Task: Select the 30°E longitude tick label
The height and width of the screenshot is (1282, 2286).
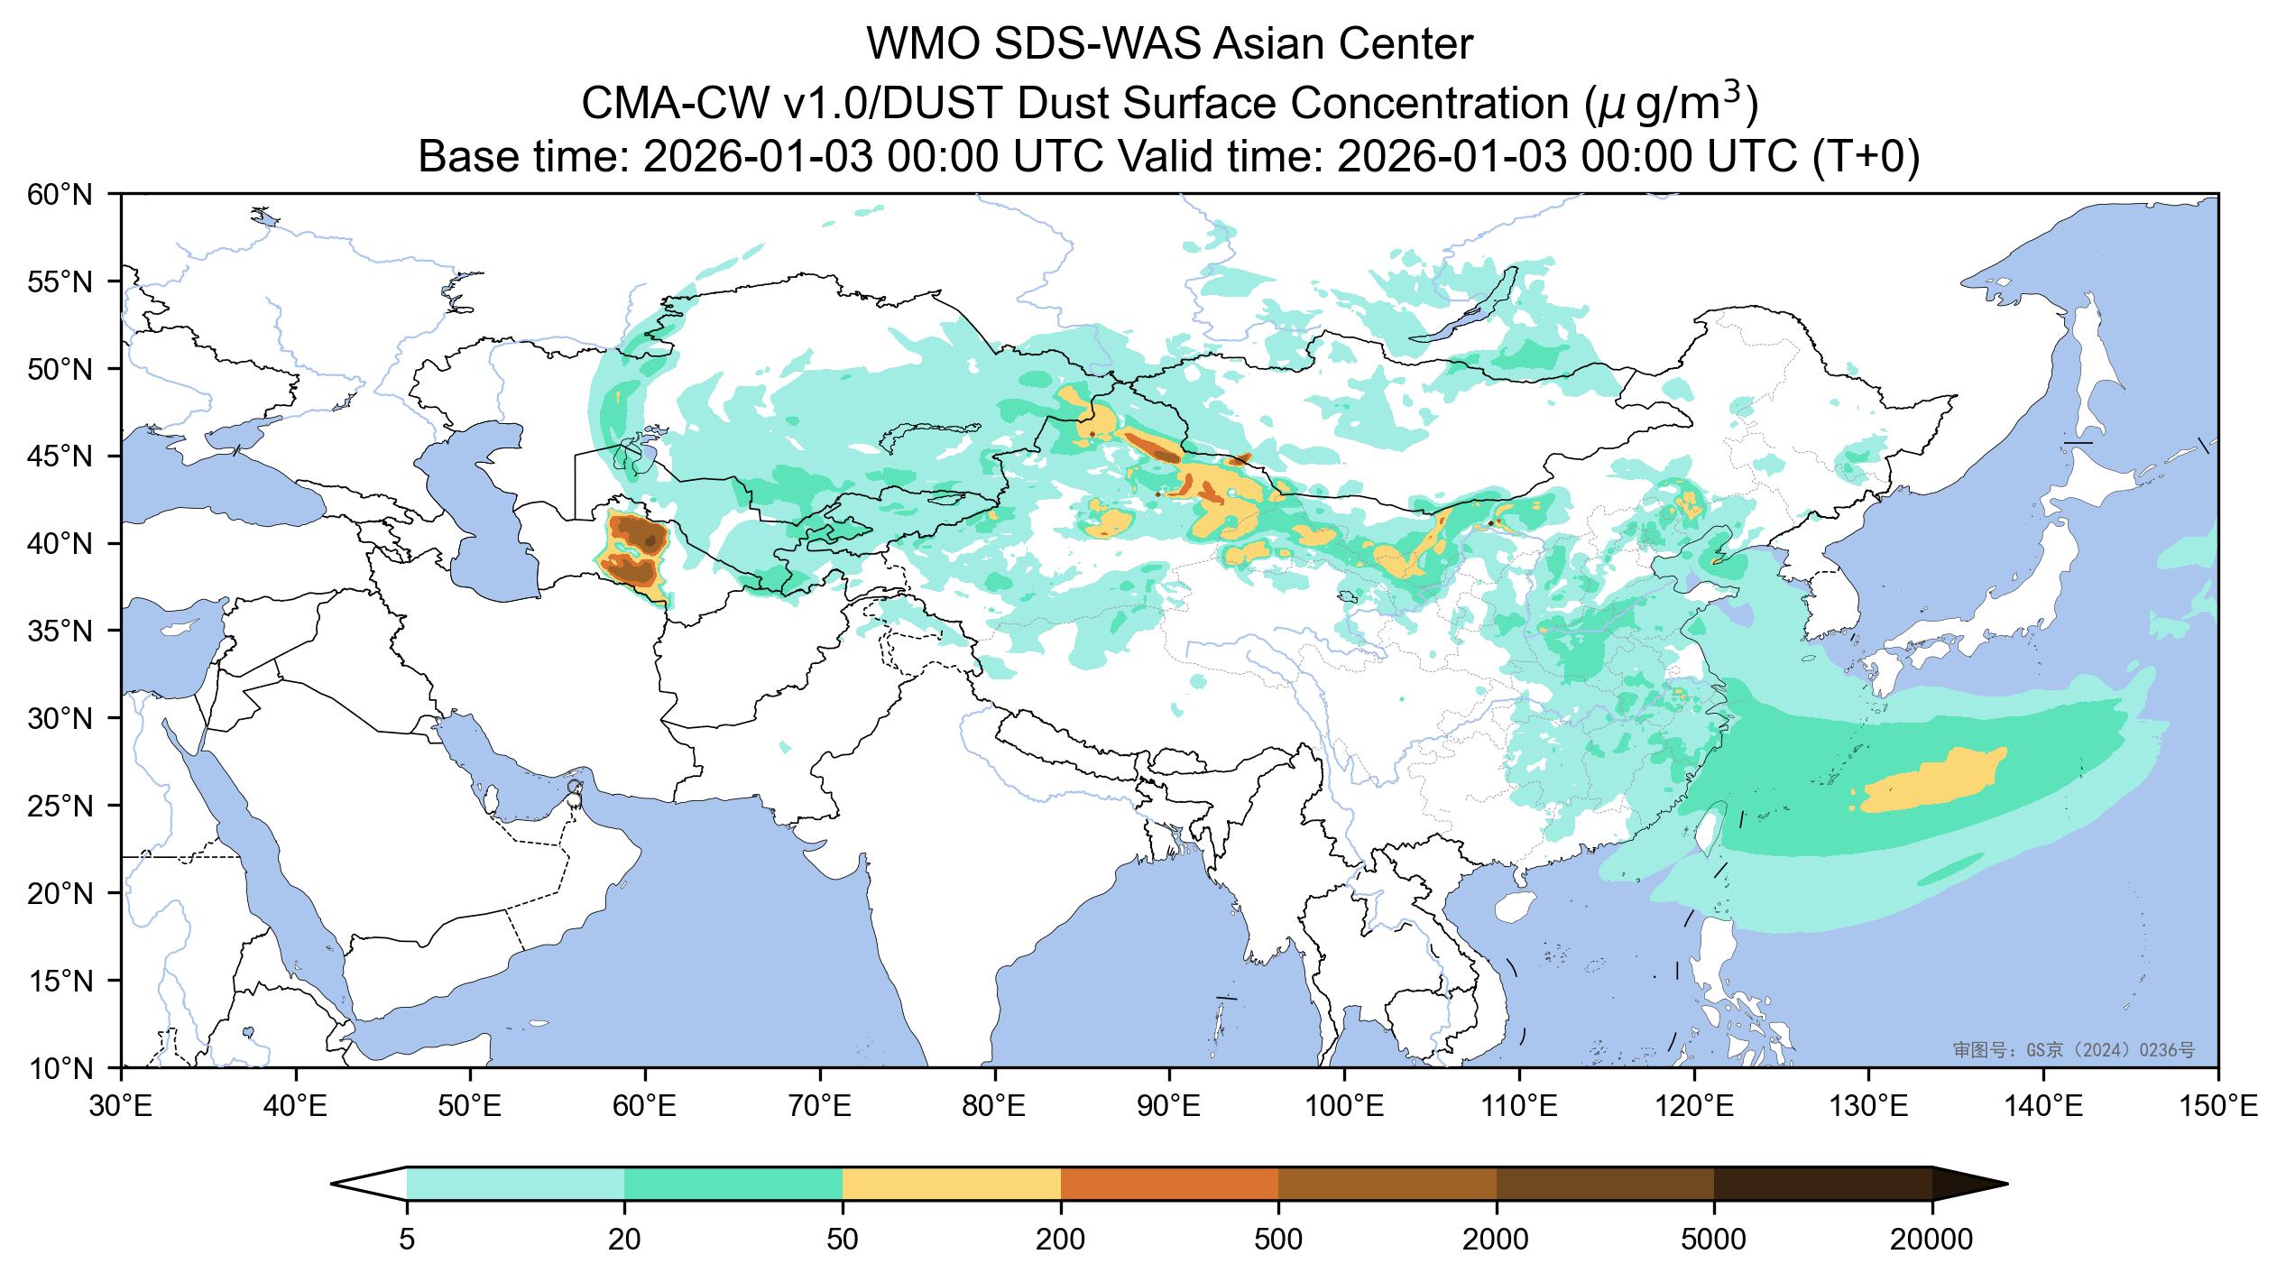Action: (x=121, y=1106)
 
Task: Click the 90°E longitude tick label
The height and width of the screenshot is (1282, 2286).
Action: (x=1169, y=1106)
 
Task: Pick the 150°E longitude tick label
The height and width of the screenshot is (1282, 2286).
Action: (x=2217, y=1106)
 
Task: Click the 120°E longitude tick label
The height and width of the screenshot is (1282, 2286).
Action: (x=1693, y=1106)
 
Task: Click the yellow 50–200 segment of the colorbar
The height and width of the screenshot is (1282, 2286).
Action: (x=951, y=1184)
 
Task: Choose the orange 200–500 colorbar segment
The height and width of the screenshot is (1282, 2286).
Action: (x=1169, y=1184)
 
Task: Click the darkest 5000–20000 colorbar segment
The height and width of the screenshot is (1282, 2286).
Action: (x=1822, y=1184)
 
